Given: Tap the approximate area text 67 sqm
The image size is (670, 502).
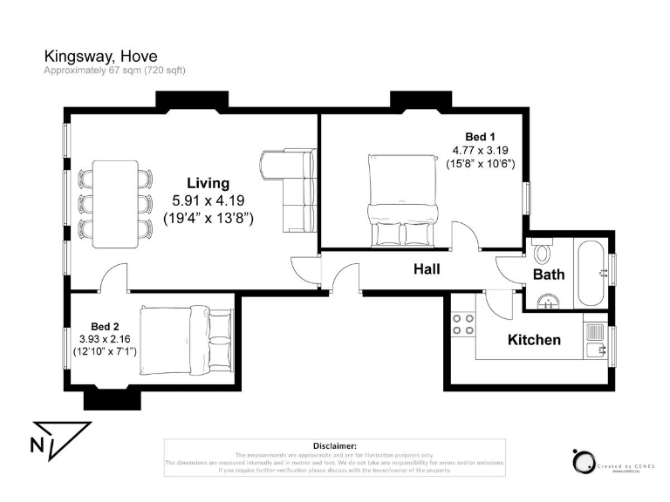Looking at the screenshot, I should click(x=115, y=71).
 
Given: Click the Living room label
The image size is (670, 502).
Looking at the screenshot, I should click(x=208, y=183).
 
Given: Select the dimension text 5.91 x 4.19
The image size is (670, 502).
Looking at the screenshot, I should click(x=208, y=200).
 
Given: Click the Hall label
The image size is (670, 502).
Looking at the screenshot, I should click(x=427, y=269).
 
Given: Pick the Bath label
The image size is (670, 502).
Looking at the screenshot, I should click(x=549, y=275).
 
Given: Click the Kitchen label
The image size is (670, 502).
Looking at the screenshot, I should click(x=534, y=340).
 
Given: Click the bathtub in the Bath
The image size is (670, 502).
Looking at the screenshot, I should click(x=591, y=273).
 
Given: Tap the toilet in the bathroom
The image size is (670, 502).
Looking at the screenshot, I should click(x=543, y=254).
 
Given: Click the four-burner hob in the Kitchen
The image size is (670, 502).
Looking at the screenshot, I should click(x=464, y=325).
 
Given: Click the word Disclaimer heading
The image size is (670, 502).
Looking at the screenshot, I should click(x=334, y=445).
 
